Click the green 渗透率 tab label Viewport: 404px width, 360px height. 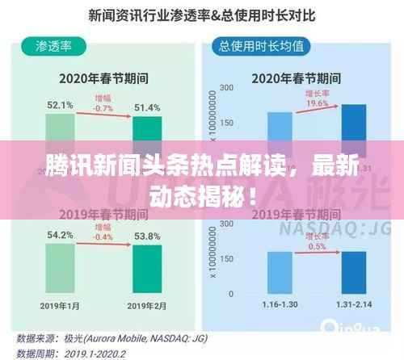[x=53, y=45]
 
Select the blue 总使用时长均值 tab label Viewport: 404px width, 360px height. [x=261, y=46]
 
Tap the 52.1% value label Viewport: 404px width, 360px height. [x=60, y=106]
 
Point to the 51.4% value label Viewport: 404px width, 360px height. [x=148, y=108]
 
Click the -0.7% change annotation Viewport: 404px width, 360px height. [x=103, y=107]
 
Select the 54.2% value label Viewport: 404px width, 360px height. [x=60, y=236]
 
